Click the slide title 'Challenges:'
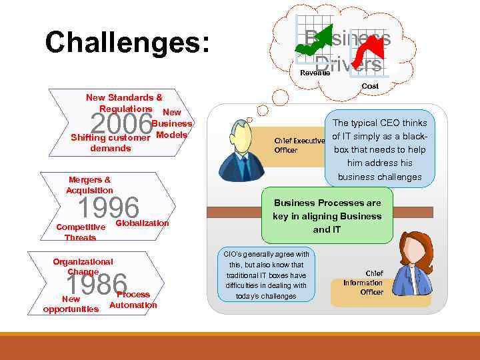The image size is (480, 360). pyautogui.click(x=127, y=43)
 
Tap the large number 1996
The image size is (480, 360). pyautogui.click(x=109, y=208)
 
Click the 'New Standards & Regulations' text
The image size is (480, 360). pyautogui.click(x=124, y=103)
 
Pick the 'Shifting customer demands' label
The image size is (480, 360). pyautogui.click(x=111, y=143)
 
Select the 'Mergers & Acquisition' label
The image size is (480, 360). pyautogui.click(x=90, y=185)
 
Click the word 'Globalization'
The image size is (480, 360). pyautogui.click(x=142, y=223)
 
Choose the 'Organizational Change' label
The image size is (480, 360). pyautogui.click(x=83, y=267)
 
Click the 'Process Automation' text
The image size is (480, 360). pyautogui.click(x=133, y=300)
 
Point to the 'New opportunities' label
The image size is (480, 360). pyautogui.click(x=71, y=304)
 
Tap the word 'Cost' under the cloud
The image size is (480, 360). pyautogui.click(x=370, y=86)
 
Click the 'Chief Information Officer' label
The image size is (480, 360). pyautogui.click(x=363, y=283)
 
